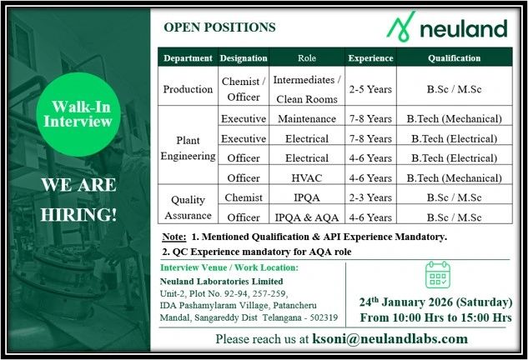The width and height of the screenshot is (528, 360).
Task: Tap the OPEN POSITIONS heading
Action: [219, 27]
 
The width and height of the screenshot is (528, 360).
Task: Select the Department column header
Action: [188, 58]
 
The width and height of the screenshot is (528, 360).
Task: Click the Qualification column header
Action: [454, 58]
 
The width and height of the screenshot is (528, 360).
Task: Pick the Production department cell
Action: [188, 88]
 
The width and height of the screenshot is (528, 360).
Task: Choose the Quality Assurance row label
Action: [188, 206]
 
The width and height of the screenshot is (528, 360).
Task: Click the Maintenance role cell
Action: [306, 118]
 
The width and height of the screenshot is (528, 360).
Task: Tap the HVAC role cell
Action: [306, 177]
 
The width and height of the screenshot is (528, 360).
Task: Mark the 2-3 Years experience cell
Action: [370, 197]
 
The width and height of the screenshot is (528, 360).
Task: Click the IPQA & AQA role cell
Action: [306, 217]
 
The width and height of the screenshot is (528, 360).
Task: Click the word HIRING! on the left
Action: [79, 213]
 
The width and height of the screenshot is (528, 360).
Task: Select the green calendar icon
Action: [438, 274]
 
